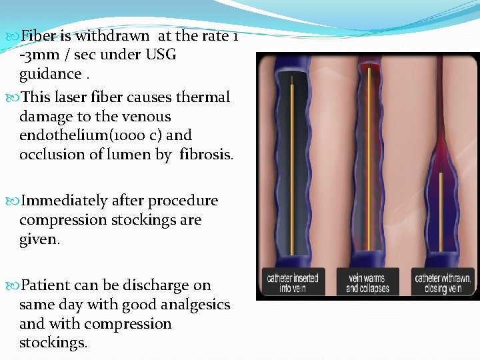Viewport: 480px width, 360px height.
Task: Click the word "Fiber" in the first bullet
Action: (40, 35)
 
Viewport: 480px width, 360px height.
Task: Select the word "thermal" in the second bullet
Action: (203, 97)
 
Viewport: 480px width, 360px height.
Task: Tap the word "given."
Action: (39, 239)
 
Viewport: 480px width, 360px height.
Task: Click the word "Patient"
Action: (46, 285)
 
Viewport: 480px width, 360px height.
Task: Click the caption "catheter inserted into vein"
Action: (293, 283)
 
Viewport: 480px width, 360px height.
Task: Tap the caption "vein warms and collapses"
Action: (367, 283)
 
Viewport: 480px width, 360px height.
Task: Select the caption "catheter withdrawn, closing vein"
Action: (443, 283)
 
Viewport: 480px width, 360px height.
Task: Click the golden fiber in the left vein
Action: (293, 167)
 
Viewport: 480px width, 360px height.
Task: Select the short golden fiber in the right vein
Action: (442, 213)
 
